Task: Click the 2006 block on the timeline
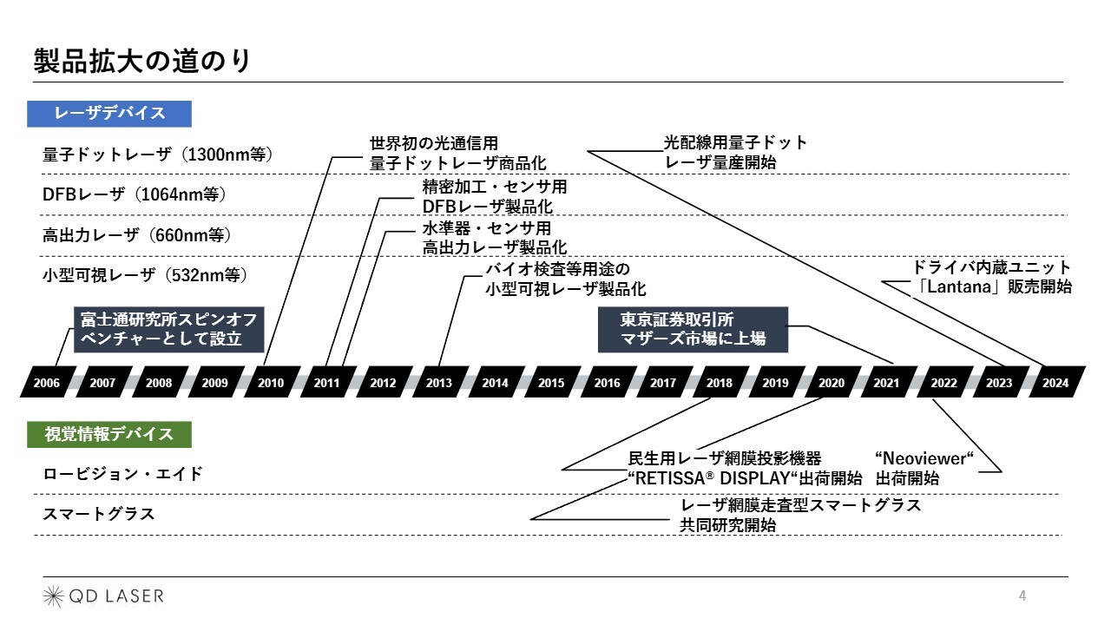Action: click(x=48, y=382)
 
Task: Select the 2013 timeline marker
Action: click(x=440, y=382)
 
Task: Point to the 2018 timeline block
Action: click(x=720, y=382)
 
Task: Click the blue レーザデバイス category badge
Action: click(x=109, y=114)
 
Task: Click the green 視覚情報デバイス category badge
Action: click(x=109, y=435)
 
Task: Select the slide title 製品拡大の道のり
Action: click(x=142, y=61)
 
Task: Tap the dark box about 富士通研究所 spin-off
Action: click(x=168, y=329)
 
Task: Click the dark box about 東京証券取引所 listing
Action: click(x=693, y=329)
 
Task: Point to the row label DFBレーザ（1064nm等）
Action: click(x=135, y=194)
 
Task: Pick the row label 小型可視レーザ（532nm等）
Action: click(x=145, y=275)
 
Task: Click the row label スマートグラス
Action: click(x=99, y=514)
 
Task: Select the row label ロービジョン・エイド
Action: click(x=123, y=474)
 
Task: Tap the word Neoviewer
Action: click(x=924, y=458)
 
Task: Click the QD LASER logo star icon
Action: click(x=53, y=595)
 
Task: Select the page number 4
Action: click(x=1022, y=595)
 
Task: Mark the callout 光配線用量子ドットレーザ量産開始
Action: click(x=735, y=152)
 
